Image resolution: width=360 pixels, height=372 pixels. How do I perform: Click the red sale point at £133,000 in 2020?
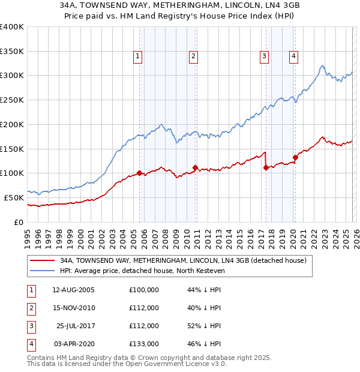[x=295, y=158]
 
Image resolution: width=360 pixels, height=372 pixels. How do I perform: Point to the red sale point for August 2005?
[x=140, y=173]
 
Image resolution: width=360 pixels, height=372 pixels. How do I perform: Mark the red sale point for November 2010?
[x=196, y=167]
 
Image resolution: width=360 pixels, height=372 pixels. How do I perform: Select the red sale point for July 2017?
[x=266, y=168]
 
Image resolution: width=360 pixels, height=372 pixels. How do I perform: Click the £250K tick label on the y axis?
[x=12, y=100]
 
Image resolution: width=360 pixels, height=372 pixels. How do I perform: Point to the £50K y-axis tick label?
[x=14, y=197]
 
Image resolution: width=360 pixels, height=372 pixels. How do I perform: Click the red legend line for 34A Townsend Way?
[x=43, y=261]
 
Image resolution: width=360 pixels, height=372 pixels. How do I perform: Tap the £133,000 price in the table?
[x=144, y=344]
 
